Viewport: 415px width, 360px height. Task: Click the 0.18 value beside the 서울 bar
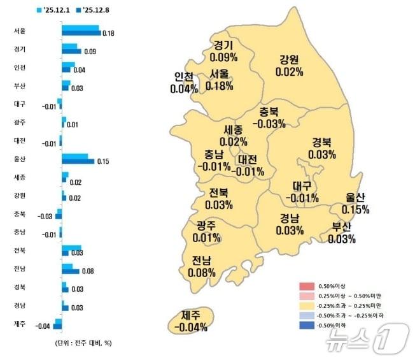tap(108, 33)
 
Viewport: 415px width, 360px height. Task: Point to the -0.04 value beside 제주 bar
tap(43, 327)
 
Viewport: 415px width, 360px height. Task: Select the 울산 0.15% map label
tap(355, 203)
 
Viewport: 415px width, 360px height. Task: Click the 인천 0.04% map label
tap(184, 83)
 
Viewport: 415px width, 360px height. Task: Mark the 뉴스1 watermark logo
tap(367, 338)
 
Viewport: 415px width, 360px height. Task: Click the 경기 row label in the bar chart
tap(19, 48)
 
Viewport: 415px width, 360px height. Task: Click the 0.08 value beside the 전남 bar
tap(88, 271)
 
